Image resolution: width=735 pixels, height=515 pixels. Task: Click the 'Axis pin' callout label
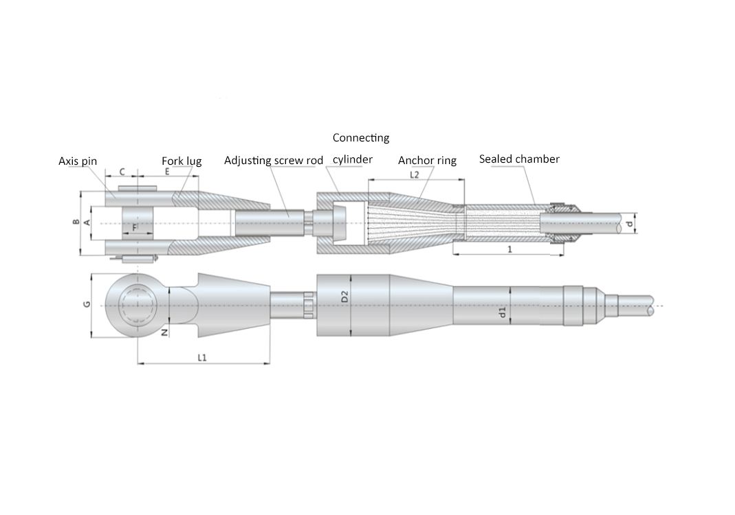[78, 161]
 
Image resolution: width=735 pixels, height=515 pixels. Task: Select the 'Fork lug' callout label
[182, 161]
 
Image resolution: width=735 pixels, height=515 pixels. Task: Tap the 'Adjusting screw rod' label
[274, 161]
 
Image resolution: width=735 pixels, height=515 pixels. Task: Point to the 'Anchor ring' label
[427, 161]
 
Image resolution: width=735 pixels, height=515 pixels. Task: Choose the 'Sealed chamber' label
[519, 159]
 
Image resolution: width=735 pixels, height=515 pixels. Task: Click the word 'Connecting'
[361, 138]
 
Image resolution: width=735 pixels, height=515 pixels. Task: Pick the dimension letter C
[122, 172]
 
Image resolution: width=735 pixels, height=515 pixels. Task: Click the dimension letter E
[167, 172]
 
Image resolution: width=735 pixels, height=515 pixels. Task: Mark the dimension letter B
[76, 221]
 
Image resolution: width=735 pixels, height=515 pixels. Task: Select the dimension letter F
[135, 228]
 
